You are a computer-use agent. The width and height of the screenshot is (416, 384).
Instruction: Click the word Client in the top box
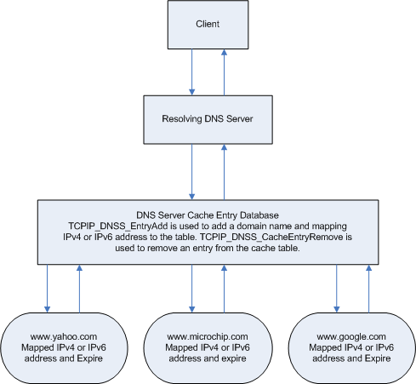[x=208, y=24]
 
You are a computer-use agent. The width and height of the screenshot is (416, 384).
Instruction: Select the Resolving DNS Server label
[x=208, y=118]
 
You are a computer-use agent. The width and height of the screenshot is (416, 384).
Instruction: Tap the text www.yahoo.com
[x=64, y=336]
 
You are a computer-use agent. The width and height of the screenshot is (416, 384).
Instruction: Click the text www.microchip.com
[x=208, y=336]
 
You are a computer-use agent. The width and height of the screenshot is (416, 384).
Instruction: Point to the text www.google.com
[x=351, y=336]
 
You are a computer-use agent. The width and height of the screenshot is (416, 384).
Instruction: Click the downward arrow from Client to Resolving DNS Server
[x=192, y=72]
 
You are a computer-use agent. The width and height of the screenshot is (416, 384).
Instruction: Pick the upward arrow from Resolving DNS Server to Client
[x=225, y=72]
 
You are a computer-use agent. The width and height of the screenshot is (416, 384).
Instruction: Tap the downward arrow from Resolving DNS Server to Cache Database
[x=192, y=172]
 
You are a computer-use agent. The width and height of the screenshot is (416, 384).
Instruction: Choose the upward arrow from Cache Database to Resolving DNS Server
[x=225, y=172]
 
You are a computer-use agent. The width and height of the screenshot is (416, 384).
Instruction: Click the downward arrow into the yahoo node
[x=48, y=289]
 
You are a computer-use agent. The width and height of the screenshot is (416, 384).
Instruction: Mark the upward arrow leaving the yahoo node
[x=80, y=289]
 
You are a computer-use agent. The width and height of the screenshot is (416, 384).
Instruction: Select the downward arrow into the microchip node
[x=192, y=289]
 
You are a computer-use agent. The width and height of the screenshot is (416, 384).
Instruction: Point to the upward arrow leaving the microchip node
[x=225, y=289]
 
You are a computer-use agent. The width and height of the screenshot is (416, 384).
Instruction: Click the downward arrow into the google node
[x=337, y=289]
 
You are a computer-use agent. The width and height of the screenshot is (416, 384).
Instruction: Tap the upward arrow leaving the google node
[x=369, y=289]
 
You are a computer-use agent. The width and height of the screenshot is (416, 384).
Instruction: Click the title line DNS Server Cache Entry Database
[x=208, y=215]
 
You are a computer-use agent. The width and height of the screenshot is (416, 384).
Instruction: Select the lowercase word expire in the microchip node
[x=234, y=358]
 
